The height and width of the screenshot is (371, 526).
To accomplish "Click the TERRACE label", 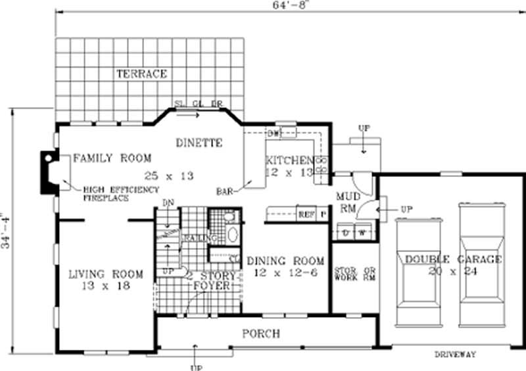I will pyautogui.click(x=141, y=73).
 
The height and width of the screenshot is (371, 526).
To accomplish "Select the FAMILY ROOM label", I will pyautogui.click(x=112, y=158).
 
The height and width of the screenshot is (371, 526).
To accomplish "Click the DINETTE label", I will pyautogui.click(x=200, y=143).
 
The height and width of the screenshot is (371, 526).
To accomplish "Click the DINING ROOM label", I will pyautogui.click(x=285, y=260).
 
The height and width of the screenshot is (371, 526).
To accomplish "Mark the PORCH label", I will pyautogui.click(x=261, y=334).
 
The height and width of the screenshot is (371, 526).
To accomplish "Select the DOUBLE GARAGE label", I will pyautogui.click(x=453, y=259).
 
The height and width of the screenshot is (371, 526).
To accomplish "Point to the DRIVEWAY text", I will pyautogui.click(x=455, y=355).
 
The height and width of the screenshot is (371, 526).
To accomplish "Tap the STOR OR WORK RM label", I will pyautogui.click(x=354, y=275).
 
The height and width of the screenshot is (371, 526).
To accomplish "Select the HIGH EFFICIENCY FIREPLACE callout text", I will pyautogui.click(x=121, y=193).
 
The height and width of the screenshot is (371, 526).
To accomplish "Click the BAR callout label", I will pyautogui.click(x=225, y=191).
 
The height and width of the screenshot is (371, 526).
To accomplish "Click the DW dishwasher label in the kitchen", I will pyautogui.click(x=274, y=134).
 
